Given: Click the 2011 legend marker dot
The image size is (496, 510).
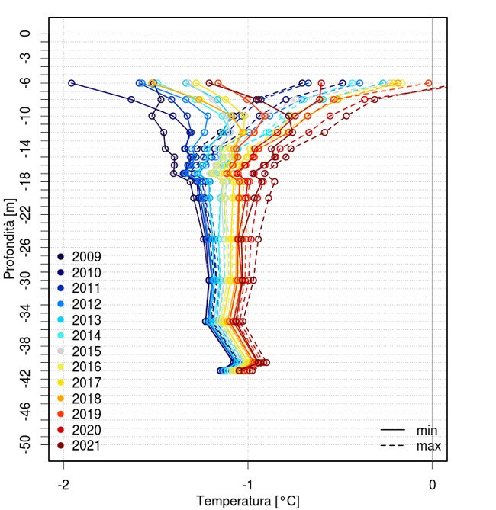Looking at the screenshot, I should [x=60, y=288].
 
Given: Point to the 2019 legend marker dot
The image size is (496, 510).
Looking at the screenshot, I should [x=60, y=414].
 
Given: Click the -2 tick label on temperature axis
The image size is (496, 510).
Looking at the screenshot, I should [x=63, y=484].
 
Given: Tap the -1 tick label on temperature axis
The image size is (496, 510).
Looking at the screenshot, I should [x=248, y=484].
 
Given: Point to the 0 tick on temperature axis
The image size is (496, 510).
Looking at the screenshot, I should [x=433, y=484].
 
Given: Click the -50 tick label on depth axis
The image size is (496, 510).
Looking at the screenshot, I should [x=27, y=444].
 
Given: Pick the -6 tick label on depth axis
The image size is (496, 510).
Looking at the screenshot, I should [x=27, y=82].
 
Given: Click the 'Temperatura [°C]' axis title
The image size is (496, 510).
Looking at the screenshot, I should [x=248, y=501].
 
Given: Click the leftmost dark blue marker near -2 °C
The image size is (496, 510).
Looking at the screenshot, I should [x=72, y=83].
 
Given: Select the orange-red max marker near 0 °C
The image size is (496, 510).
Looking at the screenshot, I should [x=428, y=82].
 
